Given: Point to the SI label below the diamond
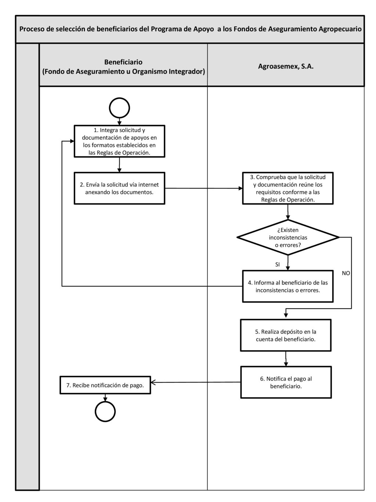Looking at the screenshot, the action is (277, 264).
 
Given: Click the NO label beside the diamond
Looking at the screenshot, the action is (346, 273).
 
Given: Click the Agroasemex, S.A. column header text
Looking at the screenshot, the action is (286, 66).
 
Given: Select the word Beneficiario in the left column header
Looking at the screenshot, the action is (123, 62).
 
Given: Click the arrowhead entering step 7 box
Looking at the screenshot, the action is (153, 382).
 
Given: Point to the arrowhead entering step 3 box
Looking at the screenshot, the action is (241, 188).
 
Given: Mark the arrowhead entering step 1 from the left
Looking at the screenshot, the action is (72, 141).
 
